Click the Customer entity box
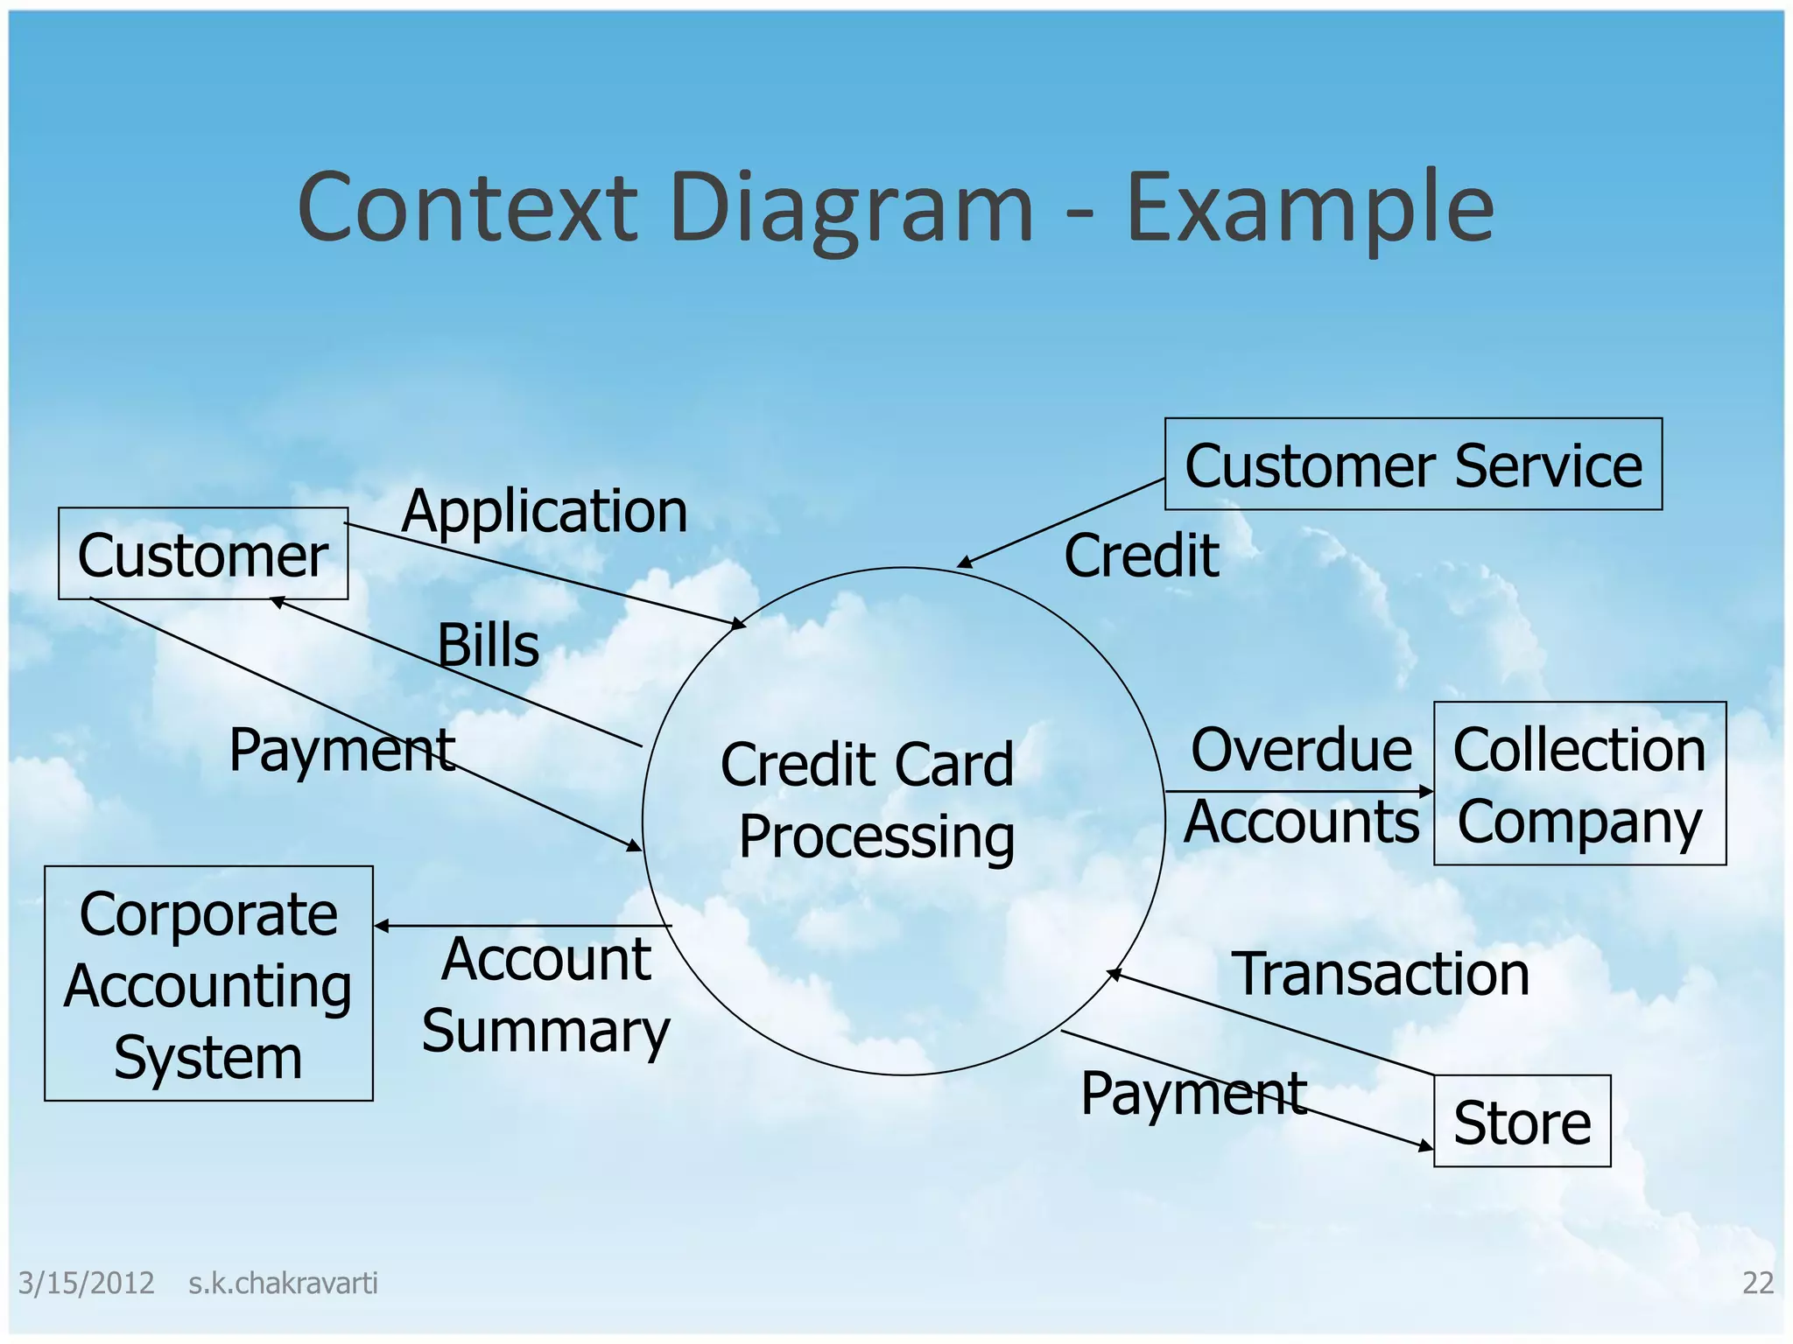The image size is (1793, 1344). (x=203, y=554)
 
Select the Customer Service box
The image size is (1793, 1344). (x=1413, y=465)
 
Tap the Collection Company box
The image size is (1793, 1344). (x=1579, y=784)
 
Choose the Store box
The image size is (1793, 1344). (x=1522, y=1122)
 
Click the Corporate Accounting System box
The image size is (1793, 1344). (x=208, y=983)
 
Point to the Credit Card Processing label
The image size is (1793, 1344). (x=868, y=800)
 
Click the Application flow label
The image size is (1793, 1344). (x=545, y=511)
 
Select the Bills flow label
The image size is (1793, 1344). (x=488, y=646)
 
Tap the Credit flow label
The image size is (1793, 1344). (x=1141, y=556)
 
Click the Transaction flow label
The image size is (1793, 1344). (x=1381, y=974)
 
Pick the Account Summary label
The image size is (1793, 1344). (x=545, y=995)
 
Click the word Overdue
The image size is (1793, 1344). (x=1301, y=750)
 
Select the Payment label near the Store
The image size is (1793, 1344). (x=1193, y=1094)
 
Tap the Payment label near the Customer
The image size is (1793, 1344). (x=341, y=750)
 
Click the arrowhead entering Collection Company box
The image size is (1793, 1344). (x=1426, y=792)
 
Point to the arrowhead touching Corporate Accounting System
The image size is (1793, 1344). (x=382, y=926)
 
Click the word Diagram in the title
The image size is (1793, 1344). (x=851, y=208)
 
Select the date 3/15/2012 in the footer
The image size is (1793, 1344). (x=86, y=1283)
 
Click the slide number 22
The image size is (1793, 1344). (x=1757, y=1283)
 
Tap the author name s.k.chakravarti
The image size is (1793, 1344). (x=283, y=1283)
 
